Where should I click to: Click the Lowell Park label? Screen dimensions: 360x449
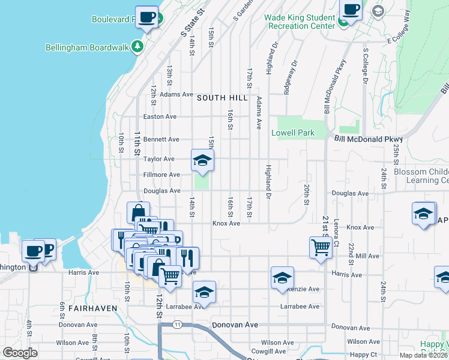tap(292, 133)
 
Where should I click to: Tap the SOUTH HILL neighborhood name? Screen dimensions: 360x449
tap(222, 98)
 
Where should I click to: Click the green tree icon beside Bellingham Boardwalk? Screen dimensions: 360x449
tap(137, 47)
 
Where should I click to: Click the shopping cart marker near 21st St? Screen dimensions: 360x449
tap(321, 247)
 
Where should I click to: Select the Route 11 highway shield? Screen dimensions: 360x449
tap(177, 325)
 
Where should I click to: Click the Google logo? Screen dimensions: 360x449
tap(20, 353)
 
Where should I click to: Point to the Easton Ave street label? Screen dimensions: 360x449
tap(159, 116)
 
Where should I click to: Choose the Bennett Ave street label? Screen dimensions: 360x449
tap(161, 139)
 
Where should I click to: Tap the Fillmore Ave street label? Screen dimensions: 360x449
tap(161, 175)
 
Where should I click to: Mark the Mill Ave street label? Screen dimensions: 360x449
tap(367, 256)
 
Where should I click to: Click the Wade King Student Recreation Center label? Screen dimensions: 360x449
tap(300, 22)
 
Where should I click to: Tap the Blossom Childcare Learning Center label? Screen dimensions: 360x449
tap(421, 176)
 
